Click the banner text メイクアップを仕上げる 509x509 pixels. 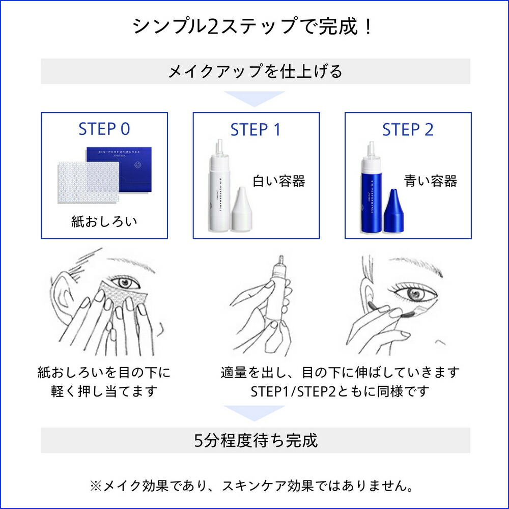point(255,71)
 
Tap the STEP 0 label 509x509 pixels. point(104,129)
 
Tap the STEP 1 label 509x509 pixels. point(256,129)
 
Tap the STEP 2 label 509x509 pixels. point(408,129)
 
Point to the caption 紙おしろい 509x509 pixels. point(104,222)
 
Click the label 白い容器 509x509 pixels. point(279,181)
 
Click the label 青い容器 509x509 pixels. point(431,181)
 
